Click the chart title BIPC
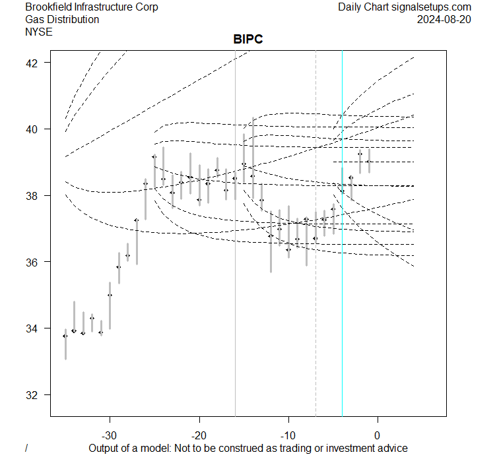248,40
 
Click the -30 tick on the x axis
110,435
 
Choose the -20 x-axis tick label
199,435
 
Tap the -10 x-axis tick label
288,435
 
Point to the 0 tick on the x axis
378,435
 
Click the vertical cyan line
342,297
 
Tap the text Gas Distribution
62,19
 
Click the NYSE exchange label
39,31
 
